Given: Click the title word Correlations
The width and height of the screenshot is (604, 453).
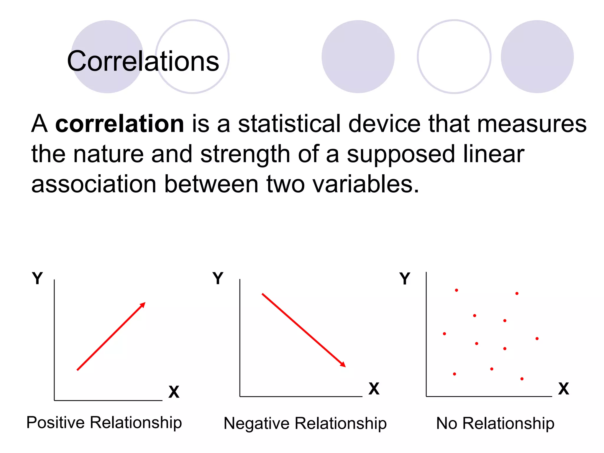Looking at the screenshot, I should tap(143, 61).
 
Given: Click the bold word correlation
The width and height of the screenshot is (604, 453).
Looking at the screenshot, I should tap(120, 124).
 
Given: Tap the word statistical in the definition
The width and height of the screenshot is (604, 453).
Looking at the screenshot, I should tap(289, 124).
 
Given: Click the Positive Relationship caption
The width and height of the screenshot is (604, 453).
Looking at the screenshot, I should tap(104, 423).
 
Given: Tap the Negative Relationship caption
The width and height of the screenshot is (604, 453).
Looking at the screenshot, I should tap(305, 424).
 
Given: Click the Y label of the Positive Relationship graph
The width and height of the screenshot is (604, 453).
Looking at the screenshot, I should tap(37, 278).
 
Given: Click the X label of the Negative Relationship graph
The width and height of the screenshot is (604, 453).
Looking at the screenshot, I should tap(374, 389).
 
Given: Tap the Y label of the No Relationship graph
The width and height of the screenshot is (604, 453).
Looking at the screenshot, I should tap(405, 278).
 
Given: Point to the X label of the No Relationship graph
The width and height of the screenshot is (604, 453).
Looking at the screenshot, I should tap(563, 389).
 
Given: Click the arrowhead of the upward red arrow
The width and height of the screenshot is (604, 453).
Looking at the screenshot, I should tap(143, 305).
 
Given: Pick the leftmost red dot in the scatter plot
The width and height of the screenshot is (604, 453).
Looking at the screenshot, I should tap(444, 334).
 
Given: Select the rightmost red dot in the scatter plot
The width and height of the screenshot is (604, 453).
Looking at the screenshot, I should tap(537, 339).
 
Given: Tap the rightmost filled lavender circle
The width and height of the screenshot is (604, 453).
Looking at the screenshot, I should tap(537, 57).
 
